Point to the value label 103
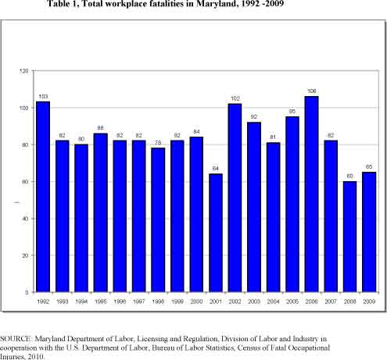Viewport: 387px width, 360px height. tap(43, 97)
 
